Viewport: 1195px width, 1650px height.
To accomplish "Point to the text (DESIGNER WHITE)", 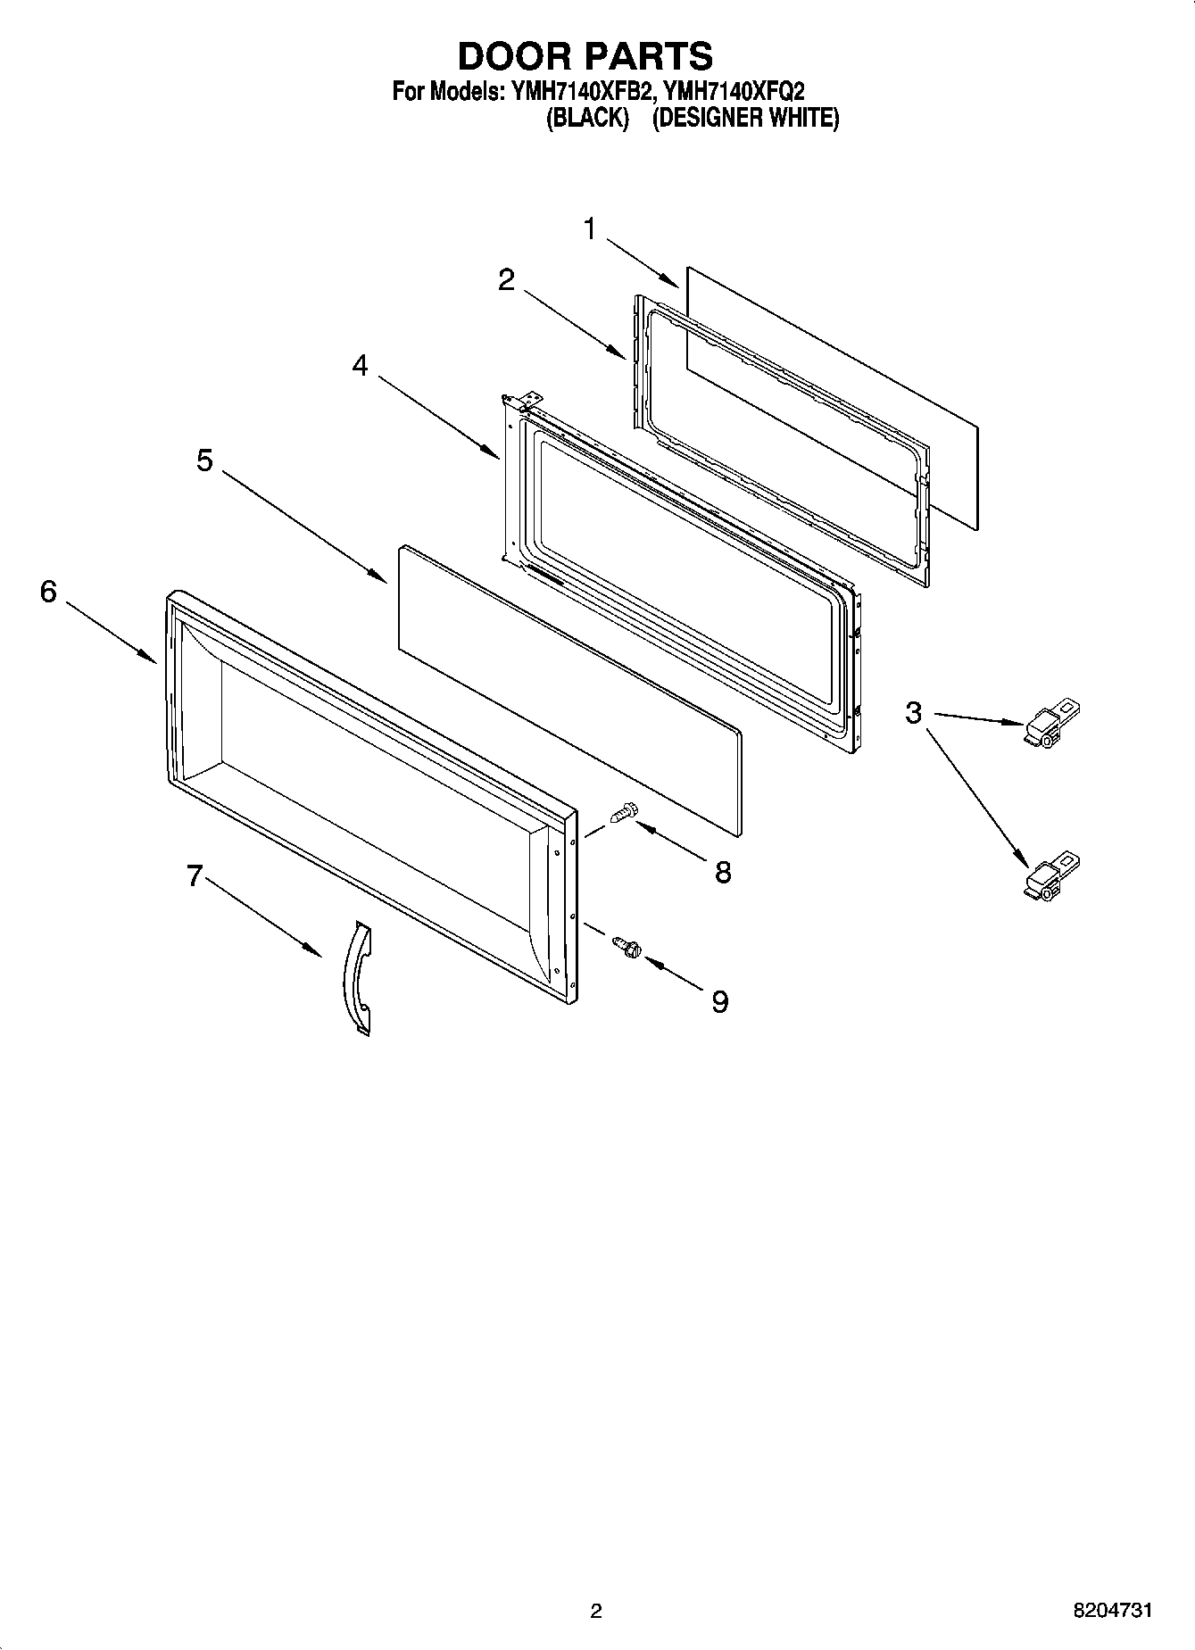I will pyautogui.click(x=745, y=119).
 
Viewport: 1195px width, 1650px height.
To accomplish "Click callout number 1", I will pyautogui.click(x=590, y=229).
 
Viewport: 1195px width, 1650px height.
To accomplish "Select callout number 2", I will pyautogui.click(x=506, y=280).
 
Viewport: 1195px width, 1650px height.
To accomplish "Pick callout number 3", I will pyautogui.click(x=913, y=713).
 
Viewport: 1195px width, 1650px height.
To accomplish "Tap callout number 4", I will pyautogui.click(x=360, y=365).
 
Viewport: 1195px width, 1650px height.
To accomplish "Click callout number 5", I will pyautogui.click(x=205, y=460).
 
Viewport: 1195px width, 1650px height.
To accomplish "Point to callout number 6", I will pyautogui.click(x=48, y=591).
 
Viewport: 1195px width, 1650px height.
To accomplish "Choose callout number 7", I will pyautogui.click(x=195, y=876).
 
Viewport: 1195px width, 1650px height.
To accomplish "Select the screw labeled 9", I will pyautogui.click(x=627, y=947).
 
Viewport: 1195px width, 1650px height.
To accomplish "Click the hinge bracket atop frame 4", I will pyautogui.click(x=528, y=398).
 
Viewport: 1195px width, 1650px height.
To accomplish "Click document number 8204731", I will pyautogui.click(x=1112, y=1610).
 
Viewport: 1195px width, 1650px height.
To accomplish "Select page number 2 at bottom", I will pyautogui.click(x=596, y=1611).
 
